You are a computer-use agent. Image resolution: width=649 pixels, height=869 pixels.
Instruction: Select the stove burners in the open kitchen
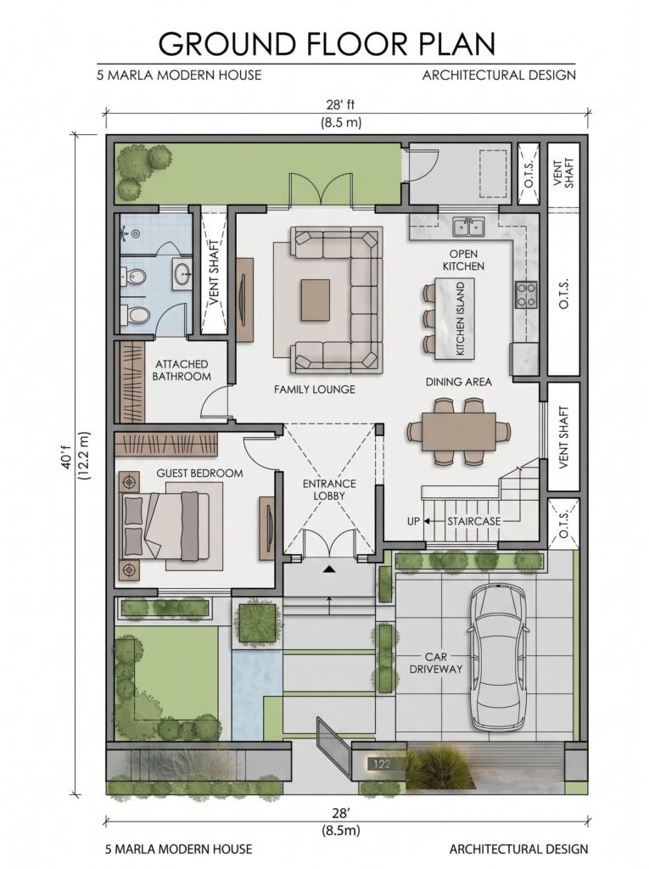click(x=525, y=294)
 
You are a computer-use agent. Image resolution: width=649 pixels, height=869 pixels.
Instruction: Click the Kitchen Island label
click(x=461, y=319)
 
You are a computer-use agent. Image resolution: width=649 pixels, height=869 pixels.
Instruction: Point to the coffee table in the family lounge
click(x=315, y=300)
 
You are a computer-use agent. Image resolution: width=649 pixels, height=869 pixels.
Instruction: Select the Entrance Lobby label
click(x=329, y=490)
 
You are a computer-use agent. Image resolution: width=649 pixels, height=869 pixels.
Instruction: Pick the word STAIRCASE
click(x=474, y=521)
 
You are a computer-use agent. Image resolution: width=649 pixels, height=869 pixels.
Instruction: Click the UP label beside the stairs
click(x=413, y=521)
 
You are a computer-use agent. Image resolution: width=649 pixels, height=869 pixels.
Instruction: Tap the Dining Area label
click(x=458, y=382)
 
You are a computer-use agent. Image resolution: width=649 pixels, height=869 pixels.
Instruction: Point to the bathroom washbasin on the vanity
click(x=182, y=273)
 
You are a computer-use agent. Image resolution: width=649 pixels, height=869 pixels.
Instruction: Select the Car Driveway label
click(x=435, y=663)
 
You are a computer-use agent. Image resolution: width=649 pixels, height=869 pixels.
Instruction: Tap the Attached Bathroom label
click(x=182, y=370)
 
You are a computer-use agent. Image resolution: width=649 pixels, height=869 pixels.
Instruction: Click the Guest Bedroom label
click(x=199, y=474)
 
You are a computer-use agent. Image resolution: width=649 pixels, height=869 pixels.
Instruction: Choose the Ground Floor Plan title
click(x=327, y=43)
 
